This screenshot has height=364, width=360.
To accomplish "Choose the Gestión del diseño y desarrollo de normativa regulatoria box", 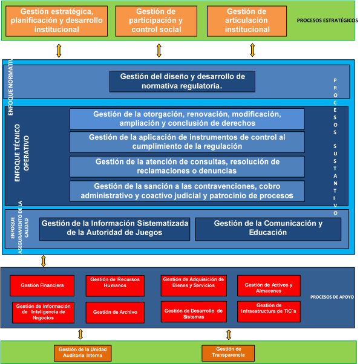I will [182, 82].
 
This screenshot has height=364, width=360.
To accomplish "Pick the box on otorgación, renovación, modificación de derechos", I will [187, 119].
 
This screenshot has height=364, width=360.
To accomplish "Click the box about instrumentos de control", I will [187, 142].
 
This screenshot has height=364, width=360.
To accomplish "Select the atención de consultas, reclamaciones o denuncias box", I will [187, 166].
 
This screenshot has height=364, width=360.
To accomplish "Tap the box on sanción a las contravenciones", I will [187, 191].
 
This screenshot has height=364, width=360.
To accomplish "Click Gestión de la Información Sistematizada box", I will [115, 229].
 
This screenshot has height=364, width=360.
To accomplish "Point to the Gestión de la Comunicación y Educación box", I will [268, 229].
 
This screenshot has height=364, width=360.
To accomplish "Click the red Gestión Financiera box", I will [42, 285].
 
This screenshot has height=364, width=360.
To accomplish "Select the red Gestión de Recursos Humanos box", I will [115, 284].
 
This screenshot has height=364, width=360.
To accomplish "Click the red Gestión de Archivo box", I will [115, 312].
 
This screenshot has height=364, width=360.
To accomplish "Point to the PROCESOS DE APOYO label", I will [332, 297].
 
